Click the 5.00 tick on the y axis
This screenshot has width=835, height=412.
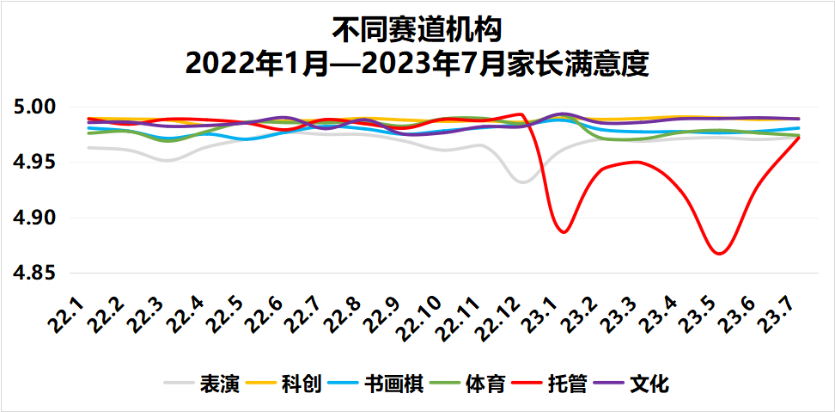[x=34, y=108]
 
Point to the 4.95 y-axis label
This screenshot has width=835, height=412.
[x=34, y=163]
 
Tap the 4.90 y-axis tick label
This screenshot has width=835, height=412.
[x=34, y=218]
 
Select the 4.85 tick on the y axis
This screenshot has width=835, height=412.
[x=34, y=274]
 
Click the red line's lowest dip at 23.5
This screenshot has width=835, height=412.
[x=720, y=254]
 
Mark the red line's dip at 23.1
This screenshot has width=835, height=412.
[x=563, y=232]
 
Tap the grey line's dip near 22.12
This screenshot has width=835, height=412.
[x=522, y=181]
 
